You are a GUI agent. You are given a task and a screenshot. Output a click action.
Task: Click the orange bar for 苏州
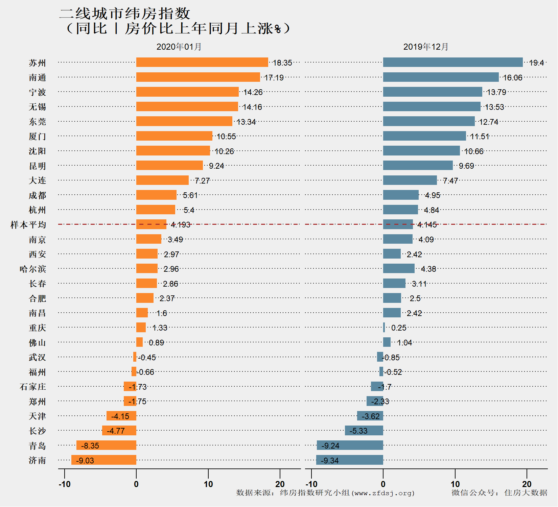coord(202,63)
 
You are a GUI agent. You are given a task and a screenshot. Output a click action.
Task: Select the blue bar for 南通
coord(441,77)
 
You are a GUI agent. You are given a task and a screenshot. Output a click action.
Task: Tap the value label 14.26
coord(253,92)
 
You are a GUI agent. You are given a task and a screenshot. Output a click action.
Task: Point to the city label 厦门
coord(37,137)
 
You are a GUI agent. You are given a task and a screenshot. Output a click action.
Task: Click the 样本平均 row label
coord(28,225)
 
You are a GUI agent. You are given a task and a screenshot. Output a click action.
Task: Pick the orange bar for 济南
coord(103,460)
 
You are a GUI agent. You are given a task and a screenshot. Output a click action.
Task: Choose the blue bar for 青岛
coord(350,445)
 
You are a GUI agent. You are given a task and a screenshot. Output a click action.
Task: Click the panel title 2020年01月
coord(179,47)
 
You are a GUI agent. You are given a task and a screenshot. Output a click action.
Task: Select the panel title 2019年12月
coord(426,47)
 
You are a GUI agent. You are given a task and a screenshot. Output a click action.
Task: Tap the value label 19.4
coord(536,63)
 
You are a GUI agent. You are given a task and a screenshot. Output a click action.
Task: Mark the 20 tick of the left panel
coord(280,484)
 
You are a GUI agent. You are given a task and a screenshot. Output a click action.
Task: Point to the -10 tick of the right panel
coord(311,484)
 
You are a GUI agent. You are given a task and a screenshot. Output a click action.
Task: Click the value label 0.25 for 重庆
coord(399,328)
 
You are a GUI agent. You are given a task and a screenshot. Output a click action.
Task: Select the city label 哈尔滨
coord(33,269)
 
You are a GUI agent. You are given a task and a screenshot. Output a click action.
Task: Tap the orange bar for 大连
coord(162,180)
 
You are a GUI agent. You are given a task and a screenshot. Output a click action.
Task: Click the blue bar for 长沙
coord(364,431)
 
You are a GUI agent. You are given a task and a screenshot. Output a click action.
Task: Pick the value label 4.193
coord(181,225)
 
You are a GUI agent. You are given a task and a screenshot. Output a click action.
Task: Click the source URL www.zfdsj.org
coord(383,493)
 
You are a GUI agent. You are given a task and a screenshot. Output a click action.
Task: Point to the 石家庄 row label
coord(33,387)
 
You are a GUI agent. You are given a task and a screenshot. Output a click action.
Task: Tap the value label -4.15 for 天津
coord(120,416)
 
